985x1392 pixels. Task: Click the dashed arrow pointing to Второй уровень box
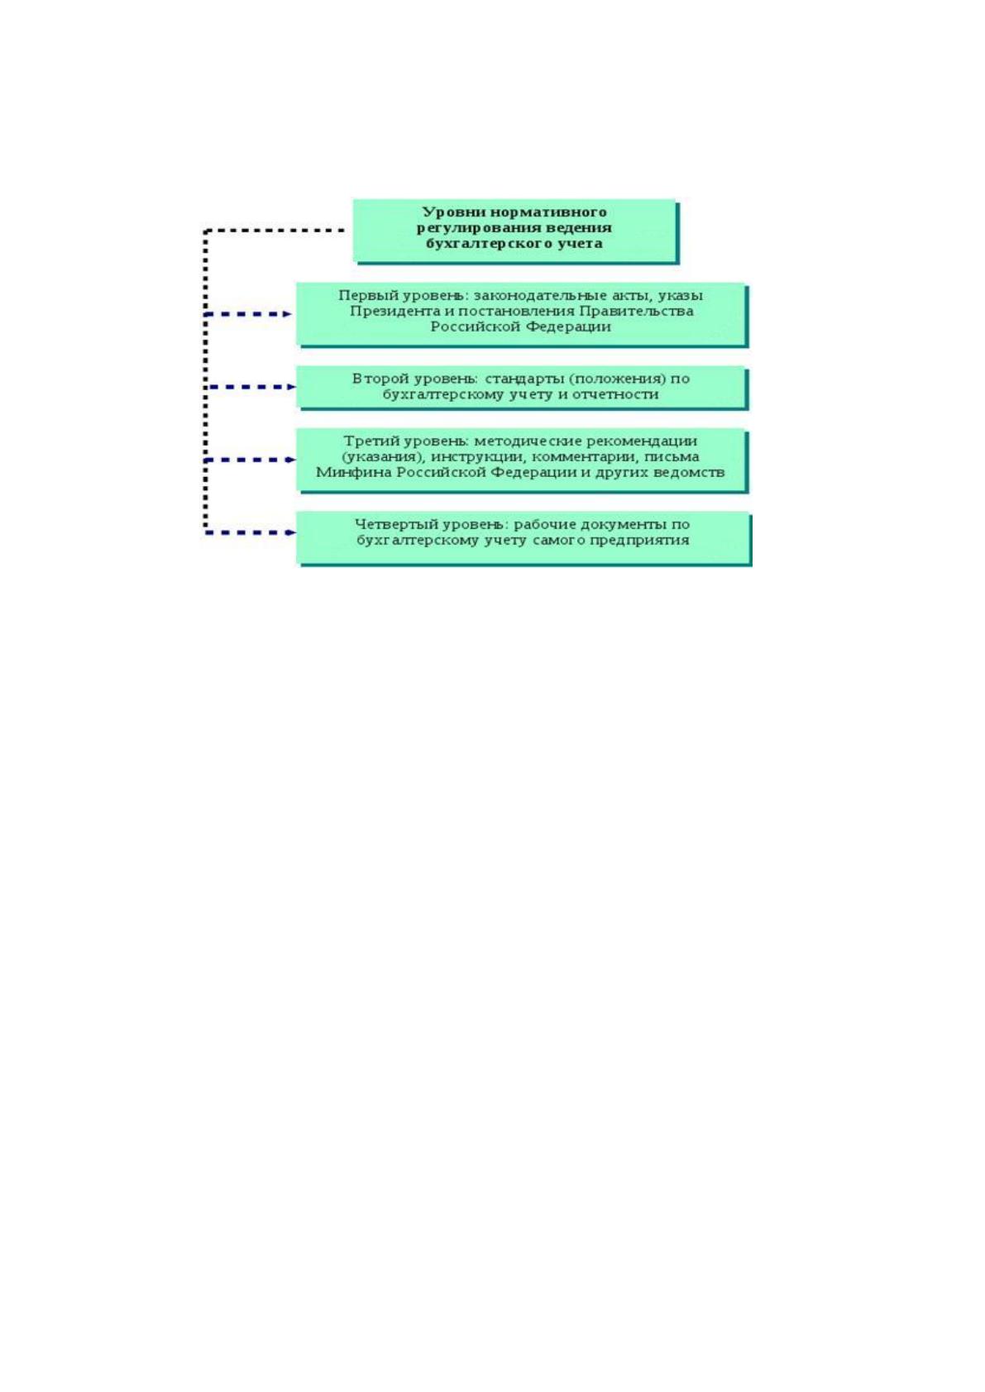tap(250, 387)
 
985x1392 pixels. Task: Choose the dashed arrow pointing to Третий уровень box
tap(250, 460)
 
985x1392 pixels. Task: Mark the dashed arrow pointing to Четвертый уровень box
tap(250, 532)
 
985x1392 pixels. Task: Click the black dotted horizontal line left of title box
tap(275, 231)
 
